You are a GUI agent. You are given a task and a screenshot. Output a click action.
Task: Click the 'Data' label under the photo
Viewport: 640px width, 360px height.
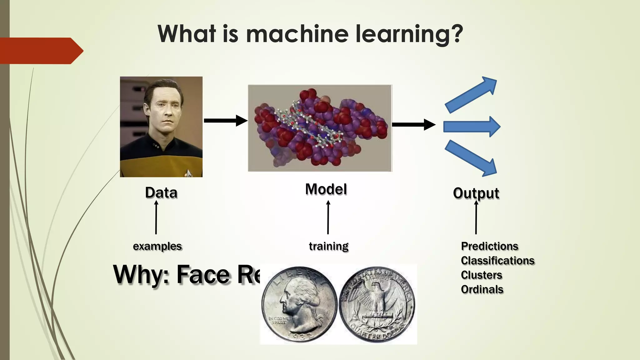(x=161, y=192)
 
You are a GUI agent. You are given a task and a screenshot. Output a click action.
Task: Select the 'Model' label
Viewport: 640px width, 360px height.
(x=326, y=189)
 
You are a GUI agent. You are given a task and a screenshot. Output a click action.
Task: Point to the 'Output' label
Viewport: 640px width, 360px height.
(x=476, y=193)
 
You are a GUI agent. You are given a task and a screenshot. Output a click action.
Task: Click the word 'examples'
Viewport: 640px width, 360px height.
(x=157, y=246)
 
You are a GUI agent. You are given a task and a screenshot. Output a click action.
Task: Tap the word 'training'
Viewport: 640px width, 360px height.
(x=328, y=246)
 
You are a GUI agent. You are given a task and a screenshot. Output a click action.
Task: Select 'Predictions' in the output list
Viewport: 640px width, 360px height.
(x=489, y=246)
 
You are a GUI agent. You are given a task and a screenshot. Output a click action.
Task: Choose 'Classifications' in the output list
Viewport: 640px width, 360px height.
(x=497, y=261)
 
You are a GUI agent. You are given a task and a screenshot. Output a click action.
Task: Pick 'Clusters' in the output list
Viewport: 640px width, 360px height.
(x=481, y=275)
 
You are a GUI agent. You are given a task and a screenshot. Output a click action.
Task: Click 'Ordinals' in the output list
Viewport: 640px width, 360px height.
(x=482, y=289)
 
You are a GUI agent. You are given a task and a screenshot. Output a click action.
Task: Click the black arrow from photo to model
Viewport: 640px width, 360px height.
(x=225, y=121)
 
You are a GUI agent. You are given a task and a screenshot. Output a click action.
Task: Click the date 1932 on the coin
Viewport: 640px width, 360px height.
(x=299, y=336)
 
